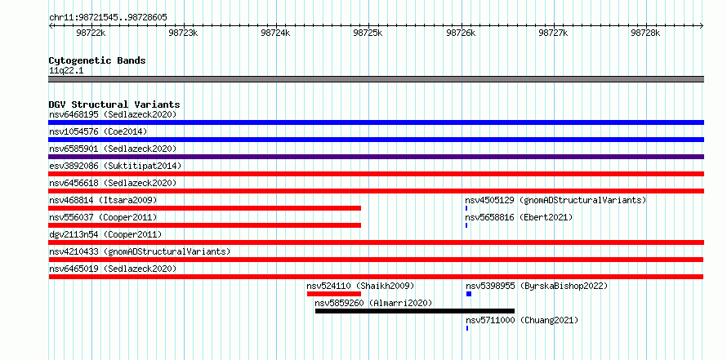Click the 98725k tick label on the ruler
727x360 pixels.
[368, 33]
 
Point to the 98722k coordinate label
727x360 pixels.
[91, 33]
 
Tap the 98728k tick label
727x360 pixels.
[645, 33]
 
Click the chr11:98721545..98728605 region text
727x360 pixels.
[108, 18]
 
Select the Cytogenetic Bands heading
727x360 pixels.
[97, 60]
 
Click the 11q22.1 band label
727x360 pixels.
[66, 71]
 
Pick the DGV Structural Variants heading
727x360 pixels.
[114, 104]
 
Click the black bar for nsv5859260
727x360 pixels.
[415, 311]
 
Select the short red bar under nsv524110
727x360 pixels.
[334, 294]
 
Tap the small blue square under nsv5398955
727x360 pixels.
[469, 294]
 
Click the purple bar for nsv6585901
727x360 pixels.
[377, 157]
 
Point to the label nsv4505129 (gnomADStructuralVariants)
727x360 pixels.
[556, 200]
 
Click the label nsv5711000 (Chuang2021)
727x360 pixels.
[522, 320]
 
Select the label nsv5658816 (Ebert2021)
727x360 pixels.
[520, 217]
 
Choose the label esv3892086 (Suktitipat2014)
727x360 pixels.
[115, 166]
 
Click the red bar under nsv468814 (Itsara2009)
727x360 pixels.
[205, 208]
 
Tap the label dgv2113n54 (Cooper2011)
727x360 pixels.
[105, 234]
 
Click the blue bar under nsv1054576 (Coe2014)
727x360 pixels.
[377, 140]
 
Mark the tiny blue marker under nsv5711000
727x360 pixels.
[467, 328]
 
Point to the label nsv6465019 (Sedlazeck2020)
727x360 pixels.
[113, 269]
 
